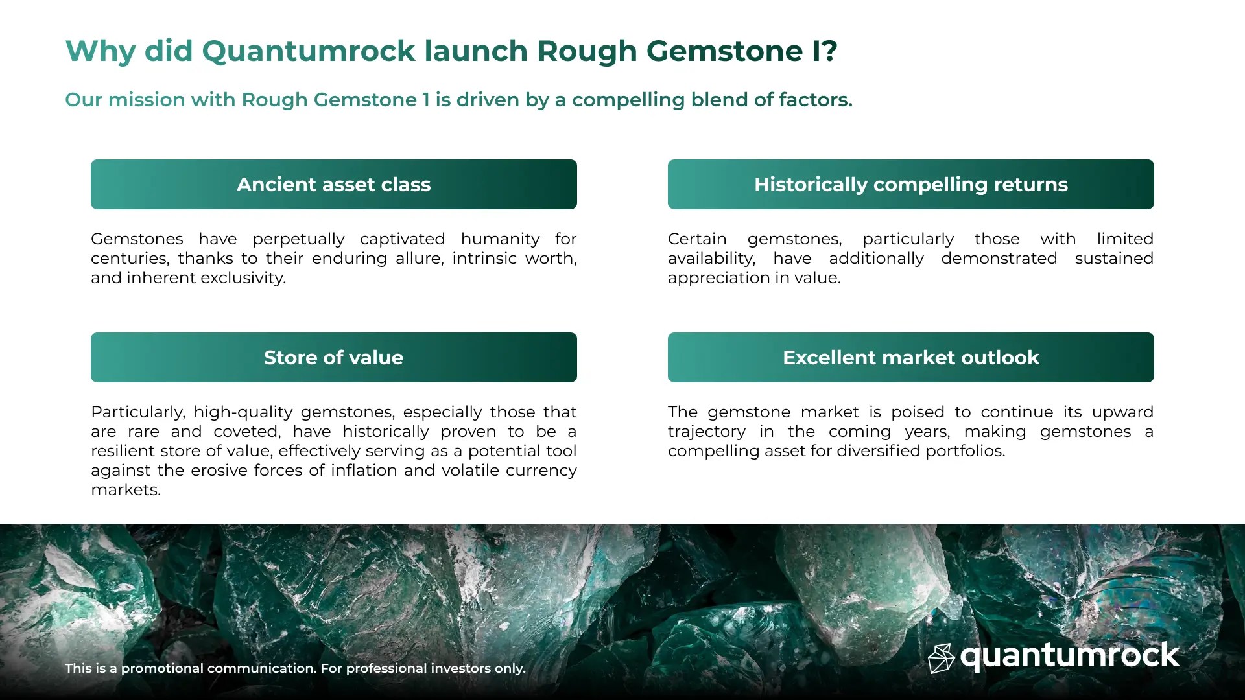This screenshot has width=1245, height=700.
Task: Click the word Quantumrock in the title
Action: tap(309, 51)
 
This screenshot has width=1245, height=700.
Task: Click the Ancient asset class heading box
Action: tap(333, 185)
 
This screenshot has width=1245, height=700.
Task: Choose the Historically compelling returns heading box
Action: tap(910, 185)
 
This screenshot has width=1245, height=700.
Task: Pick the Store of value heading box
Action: tap(333, 358)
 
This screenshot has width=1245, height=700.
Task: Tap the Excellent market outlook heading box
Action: tap(910, 358)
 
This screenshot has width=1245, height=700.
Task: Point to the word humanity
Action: tap(500, 239)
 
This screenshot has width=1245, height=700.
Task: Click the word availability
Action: tap(711, 259)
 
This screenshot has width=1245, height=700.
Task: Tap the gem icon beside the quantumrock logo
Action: tap(941, 658)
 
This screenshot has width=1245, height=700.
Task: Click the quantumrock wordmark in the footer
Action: tap(1069, 656)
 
